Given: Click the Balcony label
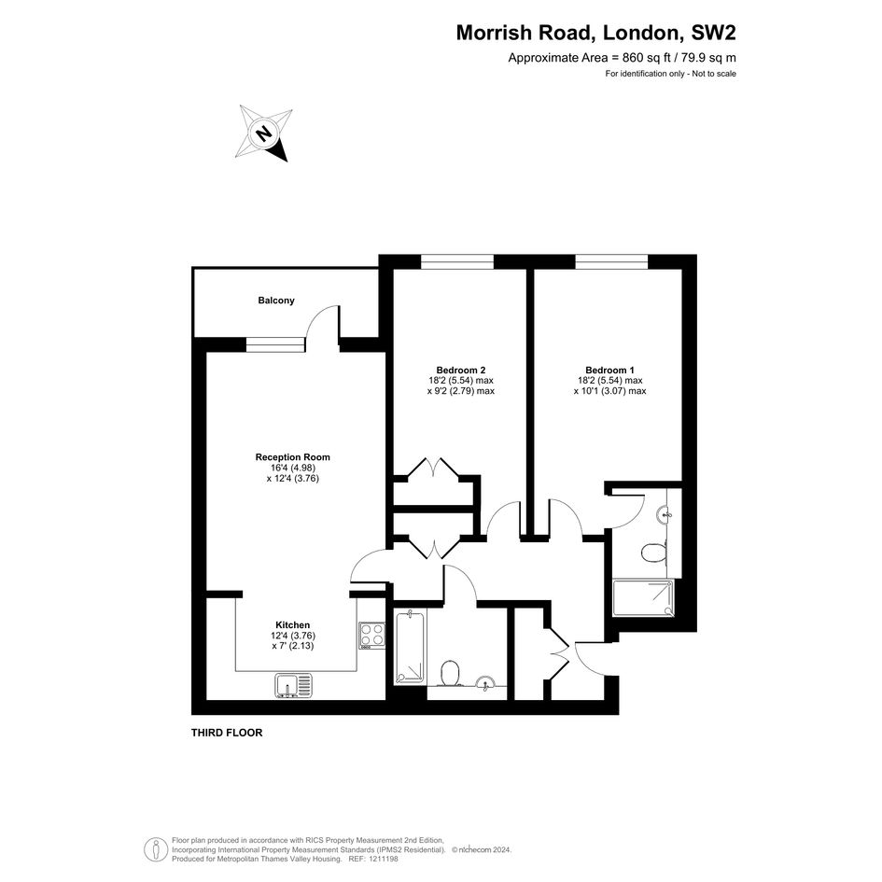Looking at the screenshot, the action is point(276,301).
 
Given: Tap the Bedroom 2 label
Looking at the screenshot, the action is point(461,371).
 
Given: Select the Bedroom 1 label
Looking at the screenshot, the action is point(609,371).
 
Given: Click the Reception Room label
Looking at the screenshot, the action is point(292,457).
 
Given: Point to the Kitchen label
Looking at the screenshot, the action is point(292,625).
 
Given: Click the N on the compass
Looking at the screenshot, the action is point(262,133).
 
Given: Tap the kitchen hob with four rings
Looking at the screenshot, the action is point(371,636).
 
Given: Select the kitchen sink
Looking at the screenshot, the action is point(294,686).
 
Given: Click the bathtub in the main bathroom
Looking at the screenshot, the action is point(410,648).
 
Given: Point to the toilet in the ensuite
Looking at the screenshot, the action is point(653,553).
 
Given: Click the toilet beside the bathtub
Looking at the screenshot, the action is point(450,673).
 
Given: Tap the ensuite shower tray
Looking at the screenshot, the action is point(643,598).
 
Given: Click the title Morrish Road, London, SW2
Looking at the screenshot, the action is point(595,33).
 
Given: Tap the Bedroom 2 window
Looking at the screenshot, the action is point(457,261).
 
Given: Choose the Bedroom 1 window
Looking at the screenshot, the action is point(611,261).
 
